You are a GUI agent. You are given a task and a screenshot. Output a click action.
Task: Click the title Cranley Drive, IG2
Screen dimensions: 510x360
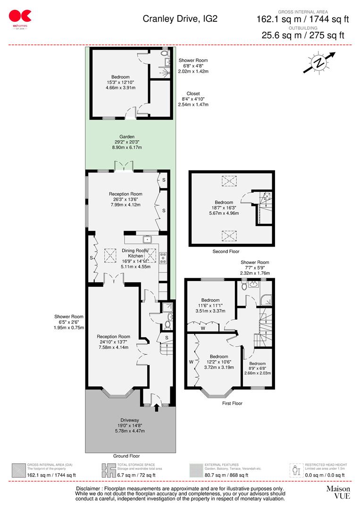(x=180, y=19)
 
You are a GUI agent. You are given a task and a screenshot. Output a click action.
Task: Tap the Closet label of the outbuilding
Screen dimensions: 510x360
(x=193, y=93)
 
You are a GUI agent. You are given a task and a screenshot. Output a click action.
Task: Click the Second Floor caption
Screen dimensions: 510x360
(x=226, y=252)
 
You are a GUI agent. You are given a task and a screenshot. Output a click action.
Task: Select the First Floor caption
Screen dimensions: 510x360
(x=232, y=403)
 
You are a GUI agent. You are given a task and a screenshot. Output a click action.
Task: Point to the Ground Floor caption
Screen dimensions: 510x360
(x=126, y=456)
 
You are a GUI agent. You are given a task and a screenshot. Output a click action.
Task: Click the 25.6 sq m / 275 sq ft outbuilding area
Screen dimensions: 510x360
(x=303, y=35)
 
